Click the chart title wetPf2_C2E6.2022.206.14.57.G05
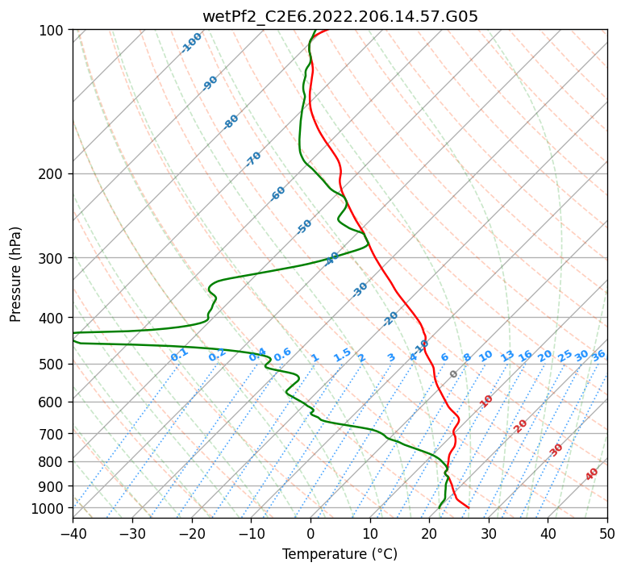pos(340,16)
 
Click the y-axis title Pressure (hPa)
pos(16,274)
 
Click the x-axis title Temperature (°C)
pos(340,554)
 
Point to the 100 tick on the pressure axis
pos(52,31)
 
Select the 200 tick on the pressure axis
pos(52,173)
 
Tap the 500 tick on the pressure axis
pos(52,364)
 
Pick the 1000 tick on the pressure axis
pos(48,508)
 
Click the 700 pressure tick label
pos(52,434)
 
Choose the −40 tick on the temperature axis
pos(73,533)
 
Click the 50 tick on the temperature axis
pos(607,533)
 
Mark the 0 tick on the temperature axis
pos(310,533)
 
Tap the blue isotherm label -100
pos(191,43)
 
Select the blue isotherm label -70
pos(253,159)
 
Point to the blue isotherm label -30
pos(360,290)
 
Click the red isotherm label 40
pos(592,474)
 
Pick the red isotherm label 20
pos(521,426)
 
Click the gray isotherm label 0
pos(453,374)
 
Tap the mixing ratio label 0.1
pos(179,354)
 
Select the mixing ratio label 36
pos(598,355)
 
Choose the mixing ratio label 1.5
pos(342,354)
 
